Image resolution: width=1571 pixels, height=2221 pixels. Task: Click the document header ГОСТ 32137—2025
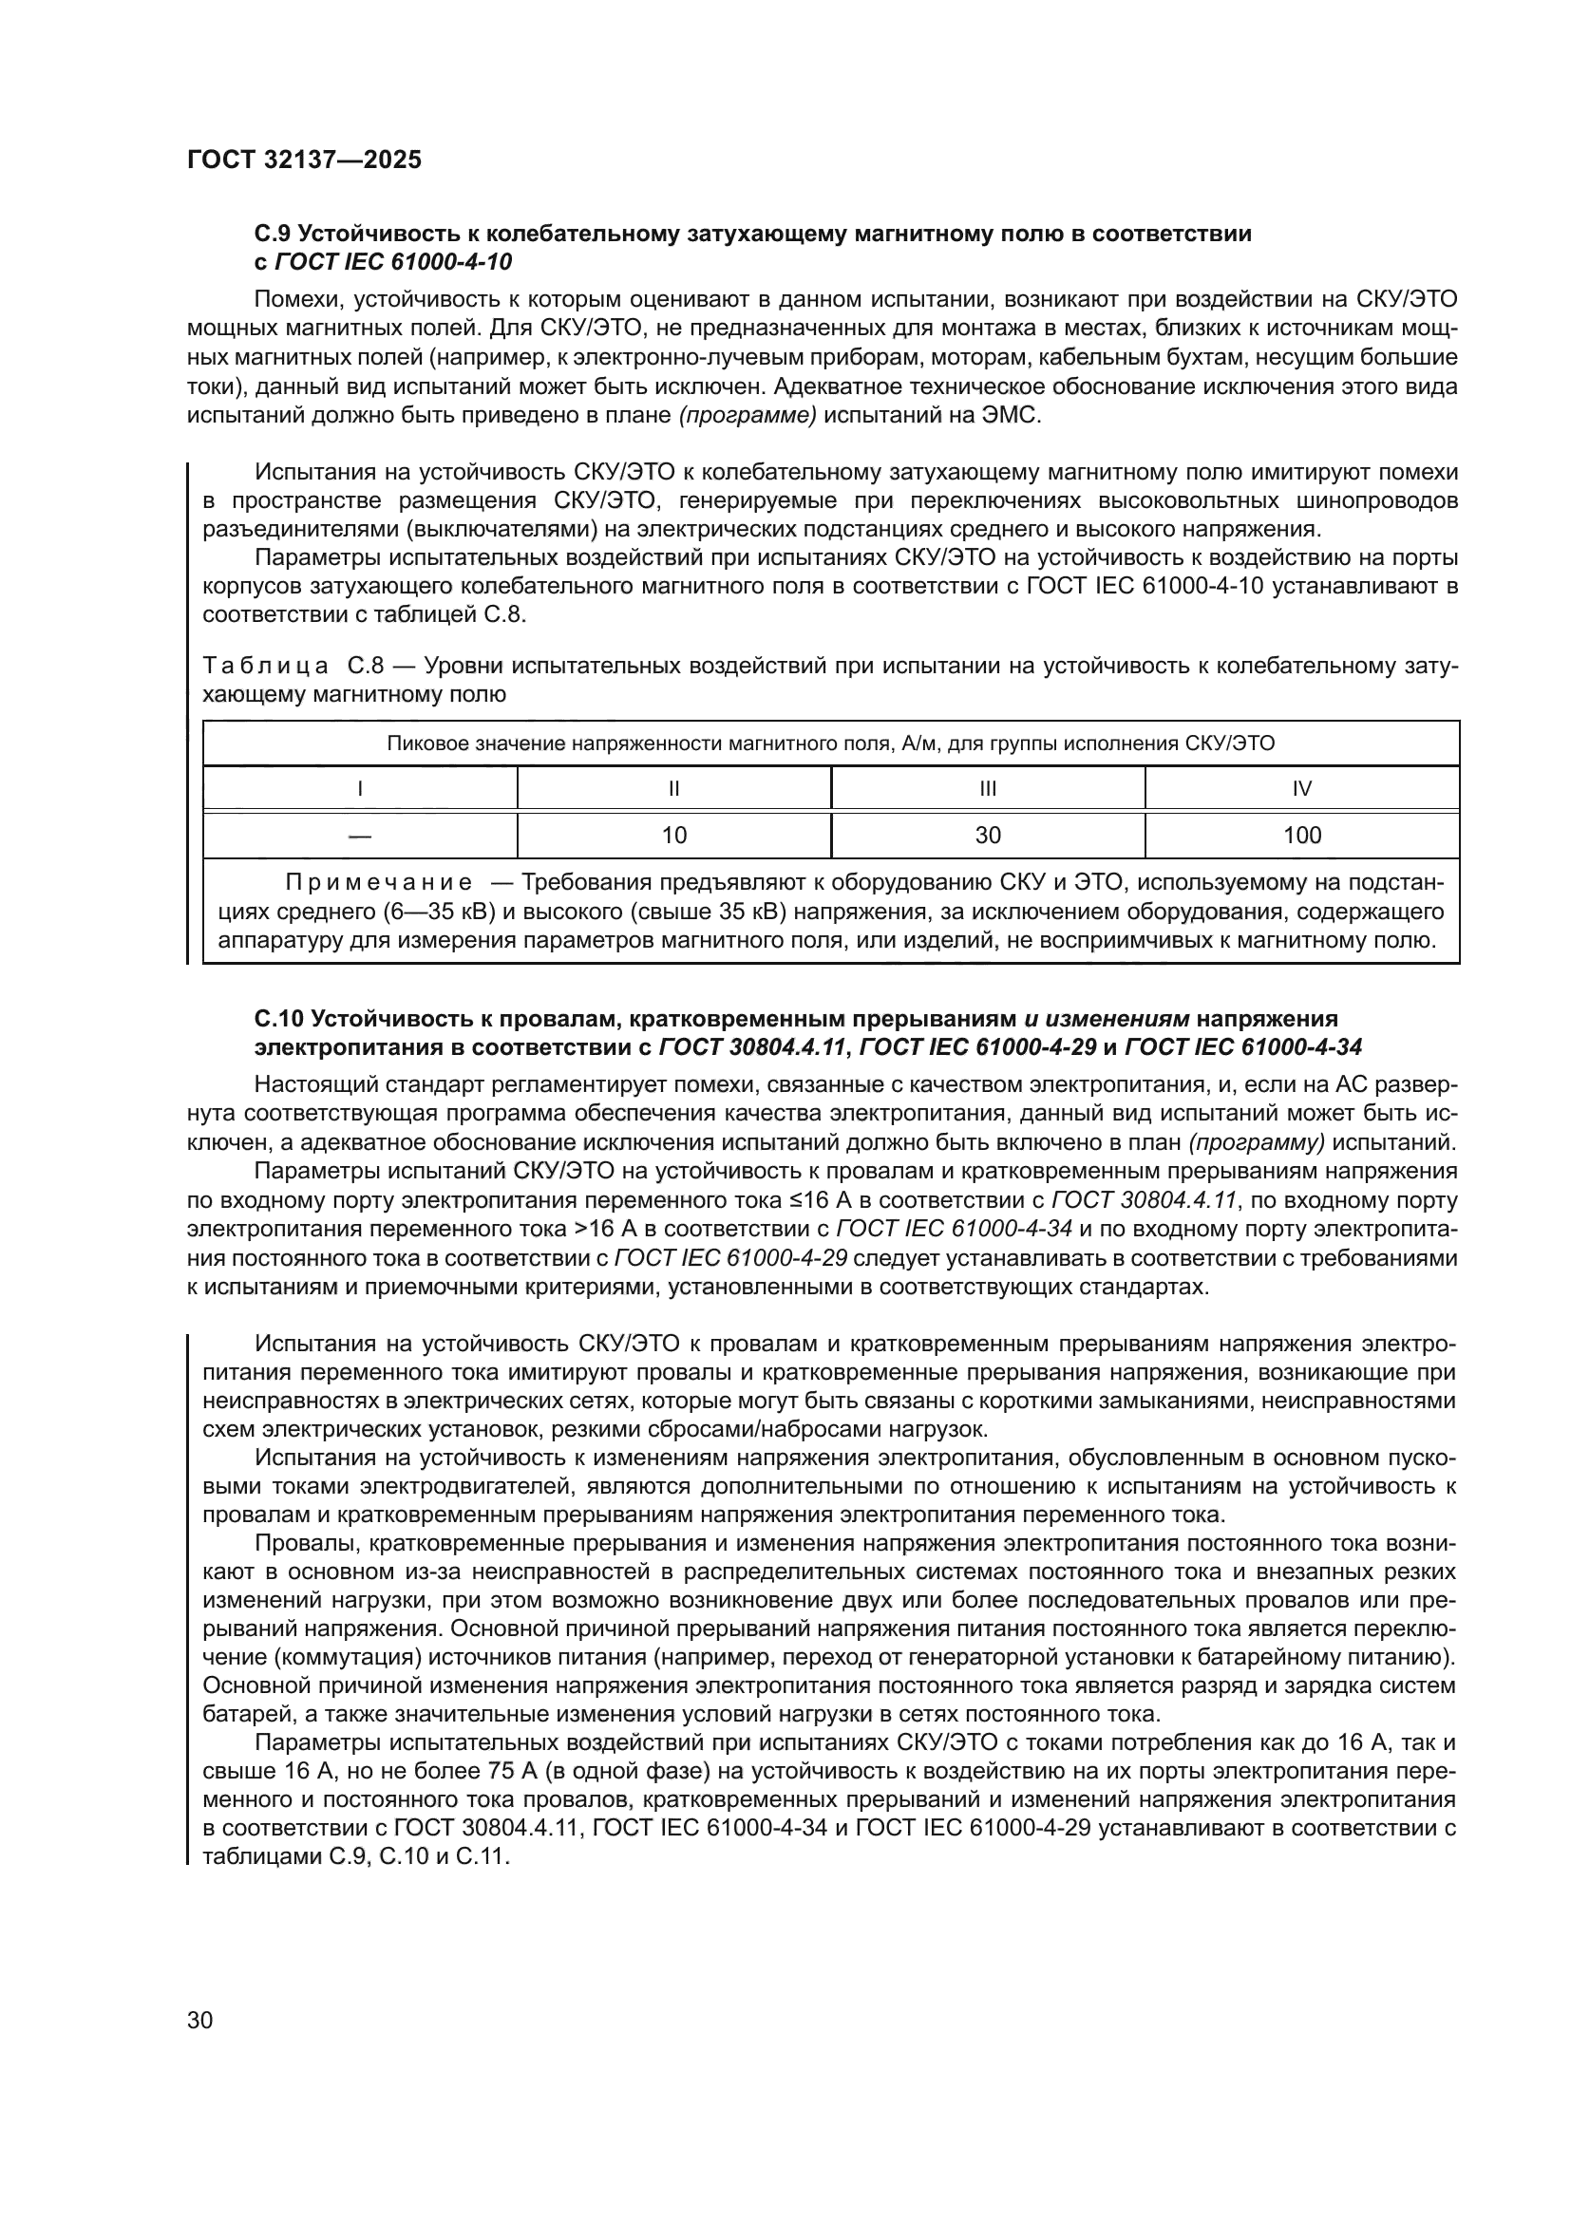[305, 160]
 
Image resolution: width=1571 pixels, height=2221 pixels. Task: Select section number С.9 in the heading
[273, 235]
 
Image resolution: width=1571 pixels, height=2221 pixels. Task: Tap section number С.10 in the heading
[279, 1019]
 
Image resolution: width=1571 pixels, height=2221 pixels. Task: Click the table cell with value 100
[1301, 836]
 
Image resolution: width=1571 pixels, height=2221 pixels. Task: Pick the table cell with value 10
[673, 836]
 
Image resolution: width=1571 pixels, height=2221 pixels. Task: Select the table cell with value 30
[988, 836]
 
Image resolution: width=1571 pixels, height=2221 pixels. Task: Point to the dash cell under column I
[360, 836]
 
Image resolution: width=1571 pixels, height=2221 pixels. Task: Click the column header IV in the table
[1301, 788]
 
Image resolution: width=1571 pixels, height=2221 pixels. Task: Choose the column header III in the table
[988, 788]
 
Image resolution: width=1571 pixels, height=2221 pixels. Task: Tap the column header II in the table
[673, 788]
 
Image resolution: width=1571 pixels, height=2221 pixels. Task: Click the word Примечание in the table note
[378, 883]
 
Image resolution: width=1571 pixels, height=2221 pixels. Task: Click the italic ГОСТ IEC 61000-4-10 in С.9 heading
[394, 262]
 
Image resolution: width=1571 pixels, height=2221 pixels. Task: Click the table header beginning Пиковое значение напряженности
[830, 743]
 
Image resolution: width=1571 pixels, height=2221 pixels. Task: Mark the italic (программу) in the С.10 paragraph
[1257, 1142]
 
